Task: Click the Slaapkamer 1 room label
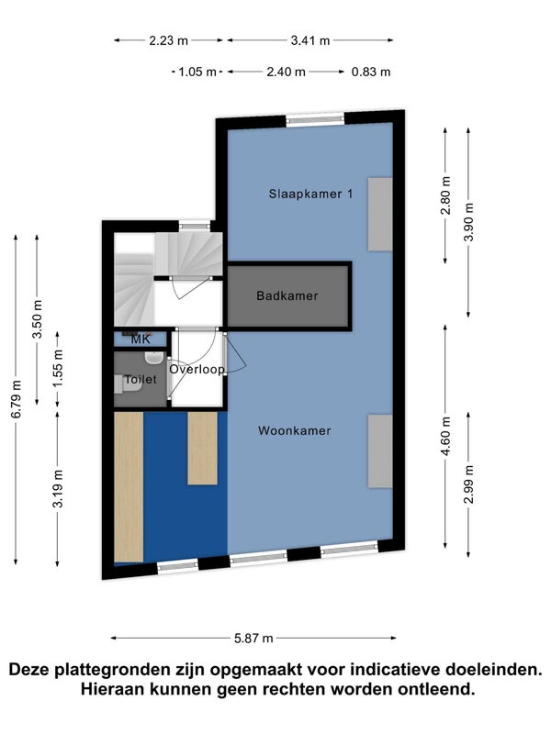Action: [x=310, y=194]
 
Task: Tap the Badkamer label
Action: [x=287, y=295]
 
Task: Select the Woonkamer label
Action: [x=294, y=430]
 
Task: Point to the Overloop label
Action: [x=197, y=370]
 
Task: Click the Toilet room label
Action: [x=141, y=379]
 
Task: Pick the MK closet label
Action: [x=141, y=339]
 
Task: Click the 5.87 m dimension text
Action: [x=253, y=638]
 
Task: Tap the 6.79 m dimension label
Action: [x=17, y=399]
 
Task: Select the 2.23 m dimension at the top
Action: [x=169, y=40]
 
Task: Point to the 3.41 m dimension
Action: [x=310, y=40]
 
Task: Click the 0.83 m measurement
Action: [x=371, y=72]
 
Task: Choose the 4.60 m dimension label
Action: [x=445, y=437]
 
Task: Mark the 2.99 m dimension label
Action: [x=469, y=484]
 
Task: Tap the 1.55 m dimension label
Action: [x=58, y=369]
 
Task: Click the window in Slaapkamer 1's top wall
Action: [x=315, y=120]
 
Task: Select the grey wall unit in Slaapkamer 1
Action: [x=380, y=214]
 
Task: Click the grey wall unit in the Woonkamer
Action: [x=380, y=451]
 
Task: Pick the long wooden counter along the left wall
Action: [x=129, y=487]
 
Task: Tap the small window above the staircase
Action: [x=195, y=226]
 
